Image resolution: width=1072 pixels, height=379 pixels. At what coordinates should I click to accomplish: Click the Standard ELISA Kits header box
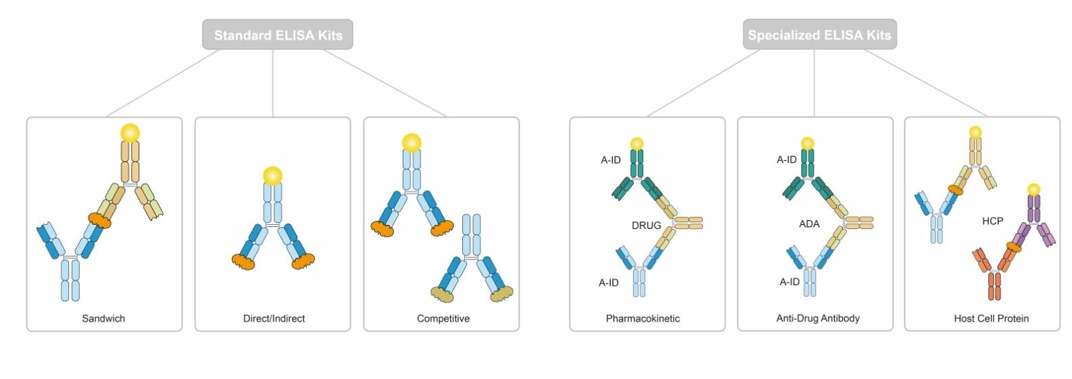coord(278,34)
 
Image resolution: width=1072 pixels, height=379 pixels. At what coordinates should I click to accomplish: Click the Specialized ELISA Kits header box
coord(819,34)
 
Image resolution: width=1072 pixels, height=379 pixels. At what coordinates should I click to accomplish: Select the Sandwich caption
coord(103,318)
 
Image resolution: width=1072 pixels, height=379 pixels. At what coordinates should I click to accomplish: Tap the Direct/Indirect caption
coord(274,318)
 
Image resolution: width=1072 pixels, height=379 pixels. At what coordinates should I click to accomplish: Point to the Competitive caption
coord(443,318)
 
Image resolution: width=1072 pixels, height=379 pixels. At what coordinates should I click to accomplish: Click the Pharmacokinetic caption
coord(643,318)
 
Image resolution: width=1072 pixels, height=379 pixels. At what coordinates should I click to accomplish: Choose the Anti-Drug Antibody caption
coord(818,318)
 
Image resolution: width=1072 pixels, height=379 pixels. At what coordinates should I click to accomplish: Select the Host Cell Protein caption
coord(991,318)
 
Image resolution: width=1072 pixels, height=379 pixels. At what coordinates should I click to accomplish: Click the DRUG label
coord(646,226)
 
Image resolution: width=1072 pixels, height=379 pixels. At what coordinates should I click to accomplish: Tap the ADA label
coord(809,224)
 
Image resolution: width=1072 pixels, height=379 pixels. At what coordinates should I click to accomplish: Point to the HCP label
coord(992,221)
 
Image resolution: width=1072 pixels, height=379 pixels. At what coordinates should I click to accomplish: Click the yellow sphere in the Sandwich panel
coord(130,133)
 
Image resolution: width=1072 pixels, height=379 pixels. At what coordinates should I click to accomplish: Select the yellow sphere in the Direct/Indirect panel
coord(273,176)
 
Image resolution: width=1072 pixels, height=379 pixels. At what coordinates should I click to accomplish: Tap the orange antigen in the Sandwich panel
coord(99,220)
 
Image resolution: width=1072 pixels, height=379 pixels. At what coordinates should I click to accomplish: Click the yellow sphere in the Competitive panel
coord(412,143)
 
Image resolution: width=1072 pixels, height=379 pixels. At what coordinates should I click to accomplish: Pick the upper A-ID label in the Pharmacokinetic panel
coord(610,160)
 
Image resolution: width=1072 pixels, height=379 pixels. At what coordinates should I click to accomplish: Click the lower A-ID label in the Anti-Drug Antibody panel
coord(789,282)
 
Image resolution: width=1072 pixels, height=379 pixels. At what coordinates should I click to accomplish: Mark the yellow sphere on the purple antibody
coord(1033,189)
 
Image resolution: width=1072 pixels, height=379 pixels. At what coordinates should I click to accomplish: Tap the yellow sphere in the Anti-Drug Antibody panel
coord(807,143)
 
